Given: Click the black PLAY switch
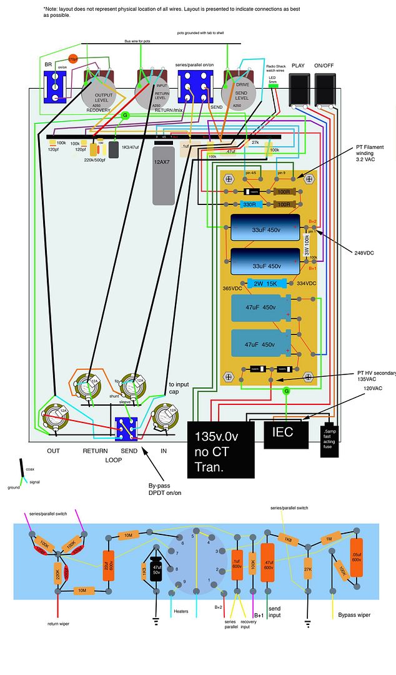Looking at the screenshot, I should [x=300, y=88].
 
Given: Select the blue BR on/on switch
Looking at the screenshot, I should [x=55, y=87].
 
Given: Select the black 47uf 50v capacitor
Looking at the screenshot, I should [x=156, y=569].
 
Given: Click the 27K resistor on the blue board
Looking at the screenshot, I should [x=308, y=569].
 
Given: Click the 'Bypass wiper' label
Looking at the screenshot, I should [x=354, y=615].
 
